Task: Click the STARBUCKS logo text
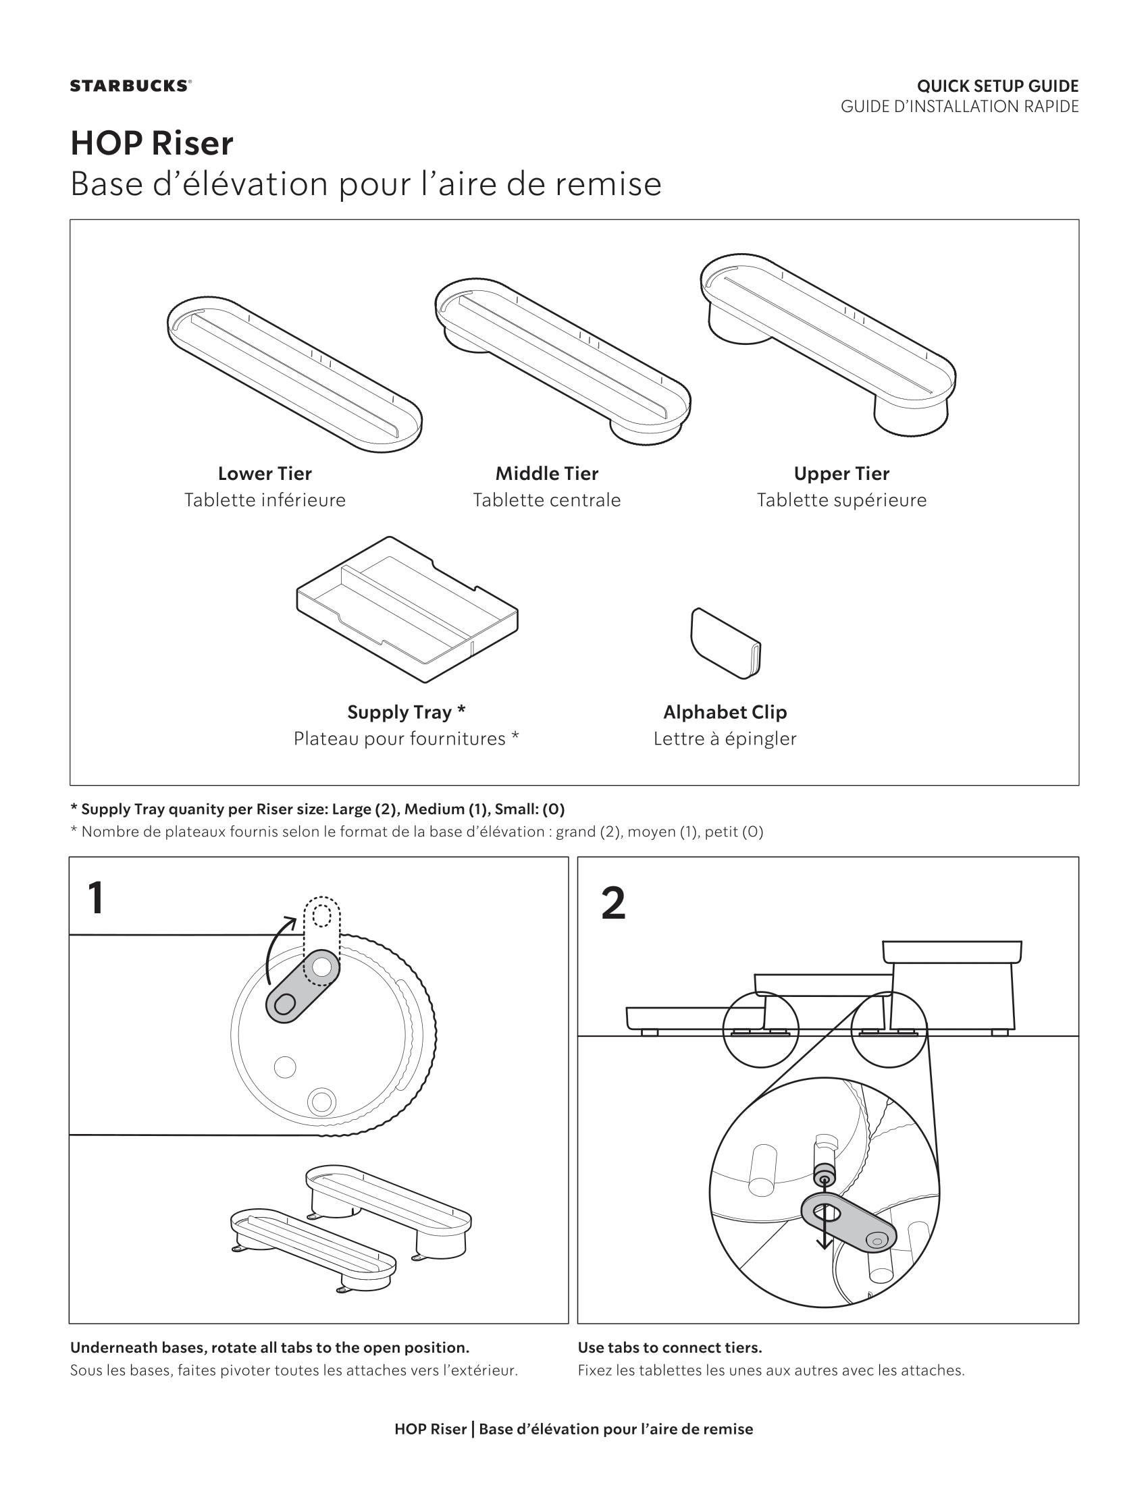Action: pos(130,86)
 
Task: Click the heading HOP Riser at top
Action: pos(152,143)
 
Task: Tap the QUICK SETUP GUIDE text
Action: pos(997,86)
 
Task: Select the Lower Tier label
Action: pos(265,473)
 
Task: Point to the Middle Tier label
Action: pos(547,473)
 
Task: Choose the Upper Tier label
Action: pos(841,473)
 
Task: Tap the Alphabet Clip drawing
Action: pos(726,643)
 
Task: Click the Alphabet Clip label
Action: pos(725,712)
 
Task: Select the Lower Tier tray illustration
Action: pos(294,373)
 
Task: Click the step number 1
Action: pos(97,898)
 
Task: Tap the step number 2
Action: pos(612,904)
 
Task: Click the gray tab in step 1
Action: pos(301,988)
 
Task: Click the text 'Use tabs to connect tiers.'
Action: pos(669,1347)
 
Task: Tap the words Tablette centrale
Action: pos(547,500)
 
